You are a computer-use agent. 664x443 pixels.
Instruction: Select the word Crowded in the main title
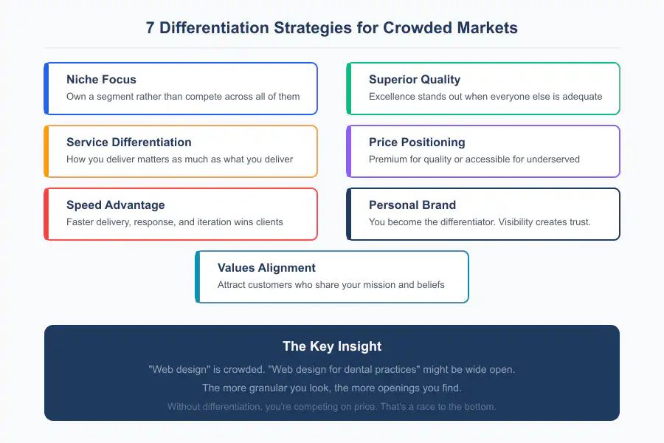[x=417, y=28]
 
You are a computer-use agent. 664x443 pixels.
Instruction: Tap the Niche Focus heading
[x=101, y=79]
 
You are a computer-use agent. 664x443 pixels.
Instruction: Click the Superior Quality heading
[x=415, y=79]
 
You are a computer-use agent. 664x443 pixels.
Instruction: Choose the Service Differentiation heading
[x=129, y=142]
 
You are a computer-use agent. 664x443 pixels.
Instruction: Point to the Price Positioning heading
[x=417, y=142]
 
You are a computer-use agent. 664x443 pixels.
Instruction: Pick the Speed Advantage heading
[x=116, y=205]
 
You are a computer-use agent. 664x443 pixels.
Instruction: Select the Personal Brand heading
[x=412, y=205]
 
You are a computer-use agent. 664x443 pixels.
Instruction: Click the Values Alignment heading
[x=266, y=267]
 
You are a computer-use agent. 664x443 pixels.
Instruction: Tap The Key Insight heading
[x=332, y=346]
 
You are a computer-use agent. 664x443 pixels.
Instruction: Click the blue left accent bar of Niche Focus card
[x=46, y=89]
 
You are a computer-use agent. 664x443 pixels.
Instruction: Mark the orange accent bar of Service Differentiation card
[x=46, y=151]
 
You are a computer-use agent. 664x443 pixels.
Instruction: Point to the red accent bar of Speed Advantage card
[x=46, y=214]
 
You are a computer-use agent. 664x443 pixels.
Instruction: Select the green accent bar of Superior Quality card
[x=349, y=89]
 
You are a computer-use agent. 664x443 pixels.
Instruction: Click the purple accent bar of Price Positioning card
[x=349, y=151]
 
